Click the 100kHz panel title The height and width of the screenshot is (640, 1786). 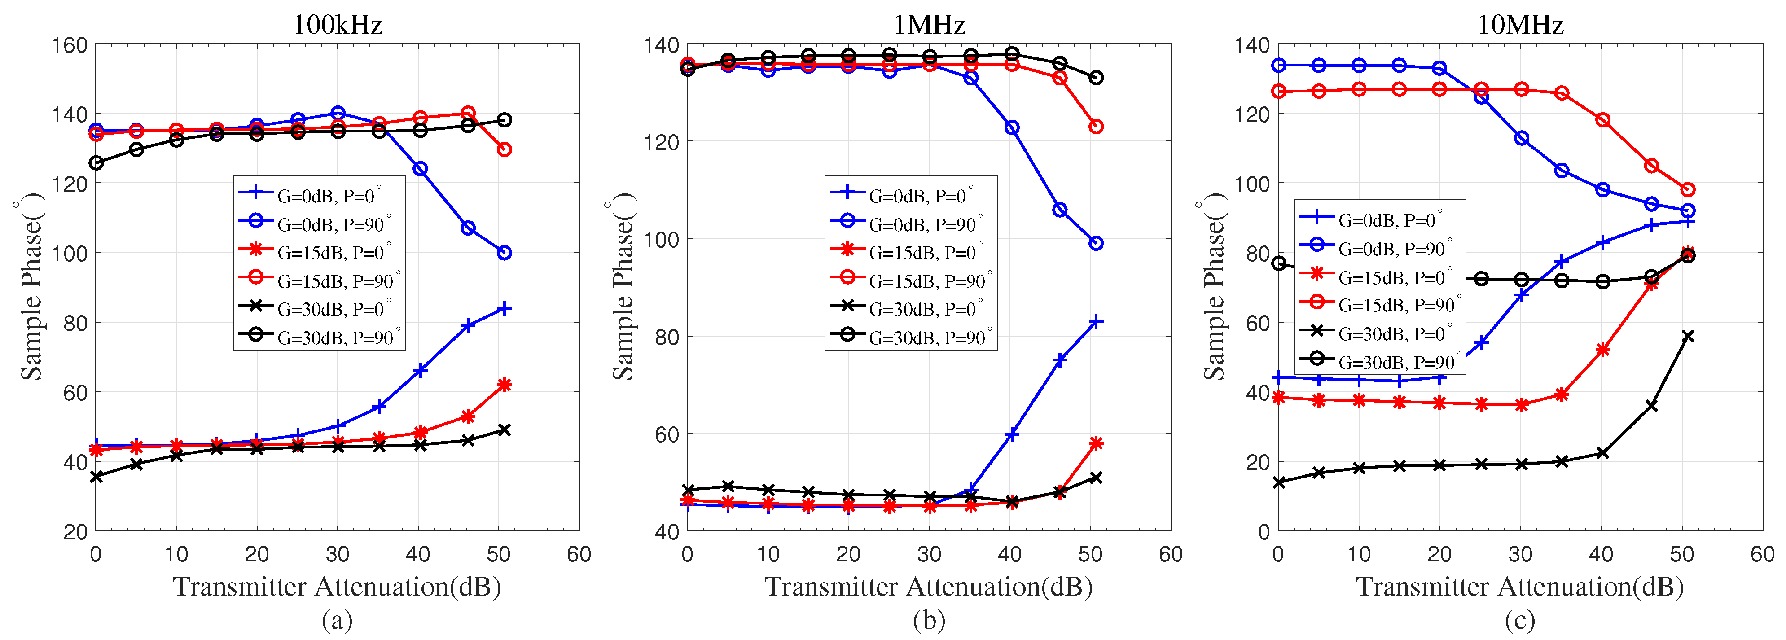pos(338,25)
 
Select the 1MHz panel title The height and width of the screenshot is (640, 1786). pos(929,25)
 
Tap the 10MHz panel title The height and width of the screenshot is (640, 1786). pos(1520,25)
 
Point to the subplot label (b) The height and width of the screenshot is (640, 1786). pos(929,619)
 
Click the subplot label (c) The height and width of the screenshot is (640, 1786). pos(1520,619)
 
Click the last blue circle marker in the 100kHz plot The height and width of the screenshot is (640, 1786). pos(504,253)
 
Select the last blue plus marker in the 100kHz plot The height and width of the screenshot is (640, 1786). pos(504,309)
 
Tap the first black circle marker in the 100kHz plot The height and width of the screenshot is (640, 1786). pos(97,163)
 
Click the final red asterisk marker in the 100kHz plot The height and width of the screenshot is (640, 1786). pos(504,385)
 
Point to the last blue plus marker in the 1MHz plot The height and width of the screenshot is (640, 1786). pos(1096,322)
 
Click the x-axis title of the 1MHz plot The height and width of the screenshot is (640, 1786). pos(929,587)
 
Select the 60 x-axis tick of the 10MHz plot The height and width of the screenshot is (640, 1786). pos(1762,554)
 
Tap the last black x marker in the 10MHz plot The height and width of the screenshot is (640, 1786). pos(1688,336)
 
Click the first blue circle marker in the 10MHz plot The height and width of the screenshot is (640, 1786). pos(1279,65)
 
